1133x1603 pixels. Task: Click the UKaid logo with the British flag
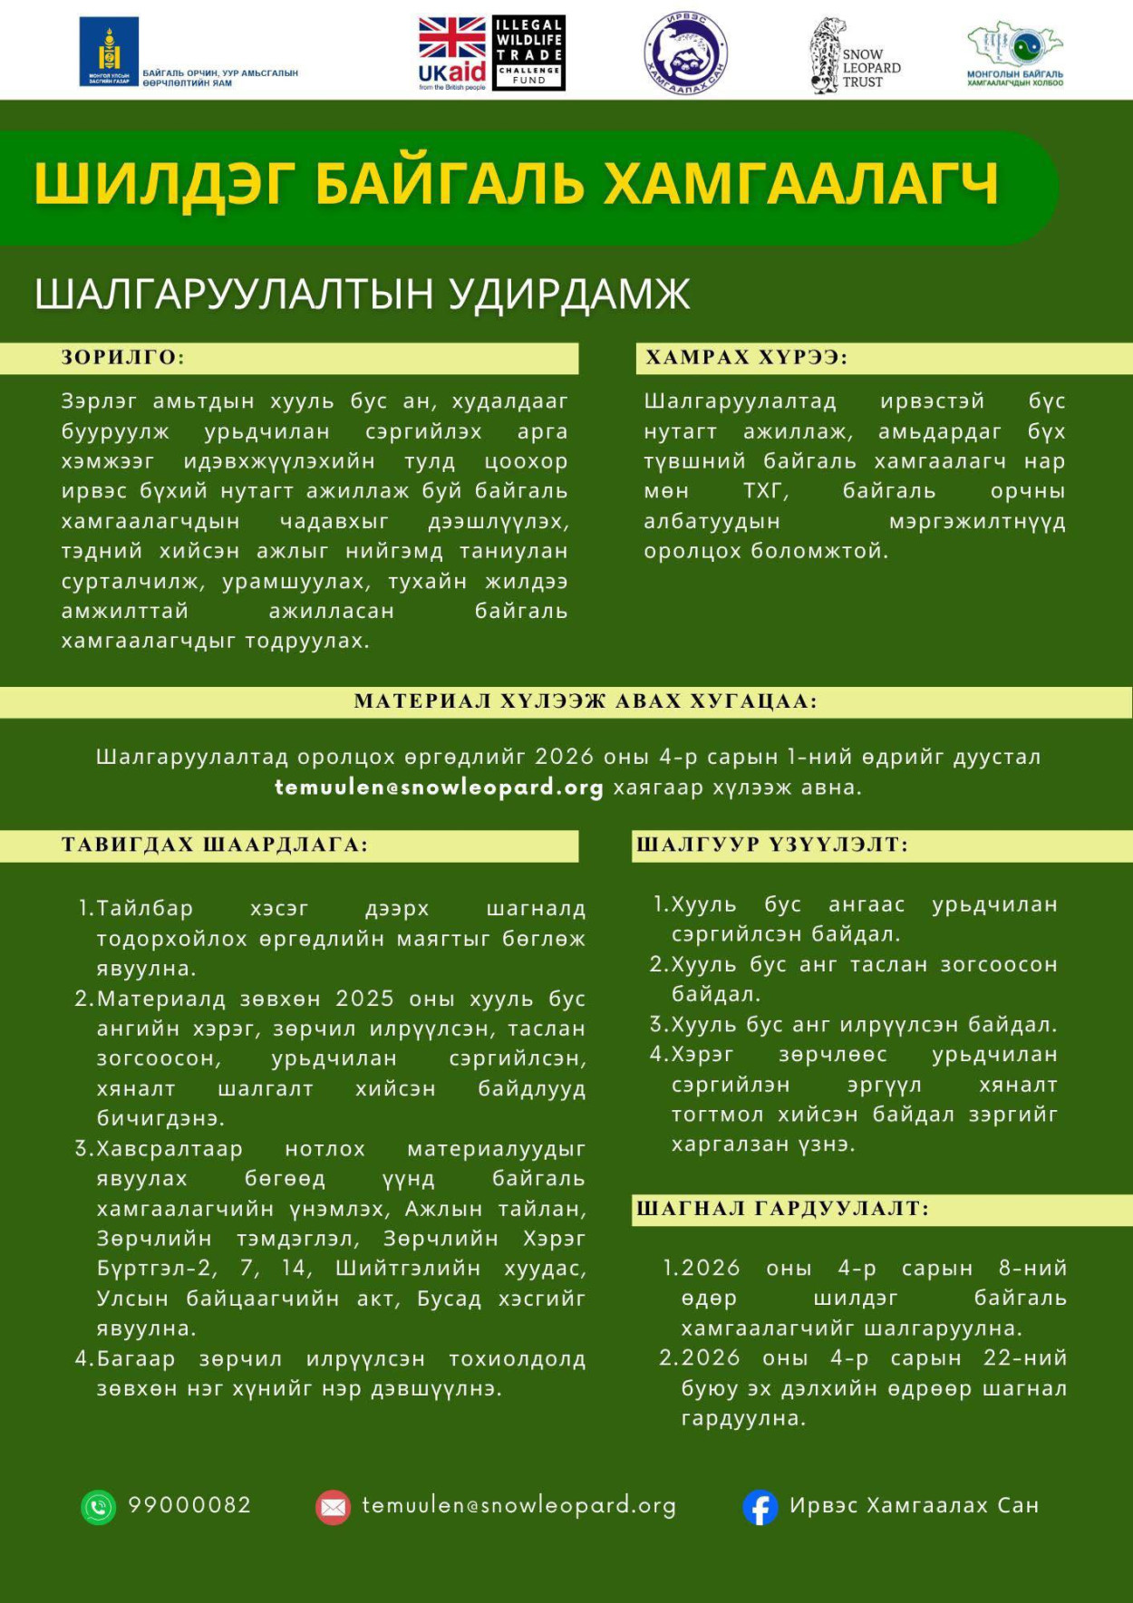click(452, 53)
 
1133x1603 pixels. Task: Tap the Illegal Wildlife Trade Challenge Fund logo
click(529, 53)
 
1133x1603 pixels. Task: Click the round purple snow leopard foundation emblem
click(685, 53)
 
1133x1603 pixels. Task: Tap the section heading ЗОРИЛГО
click(122, 358)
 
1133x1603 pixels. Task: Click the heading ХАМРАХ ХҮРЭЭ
click(746, 358)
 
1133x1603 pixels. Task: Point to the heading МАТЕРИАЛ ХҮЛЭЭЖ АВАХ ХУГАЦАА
click(586, 701)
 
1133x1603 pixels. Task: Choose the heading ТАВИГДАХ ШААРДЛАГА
click(215, 845)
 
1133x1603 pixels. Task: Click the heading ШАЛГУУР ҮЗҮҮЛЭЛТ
click(771, 845)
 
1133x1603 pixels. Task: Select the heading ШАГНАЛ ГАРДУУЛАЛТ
click(782, 1209)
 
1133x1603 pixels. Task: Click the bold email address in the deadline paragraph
click(439, 787)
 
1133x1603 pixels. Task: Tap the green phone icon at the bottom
click(99, 1507)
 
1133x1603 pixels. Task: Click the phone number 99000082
click(189, 1505)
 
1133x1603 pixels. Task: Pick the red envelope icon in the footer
click(333, 1507)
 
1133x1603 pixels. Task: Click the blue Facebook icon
click(760, 1507)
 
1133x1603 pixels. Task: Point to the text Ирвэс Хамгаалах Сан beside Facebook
click(914, 1505)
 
